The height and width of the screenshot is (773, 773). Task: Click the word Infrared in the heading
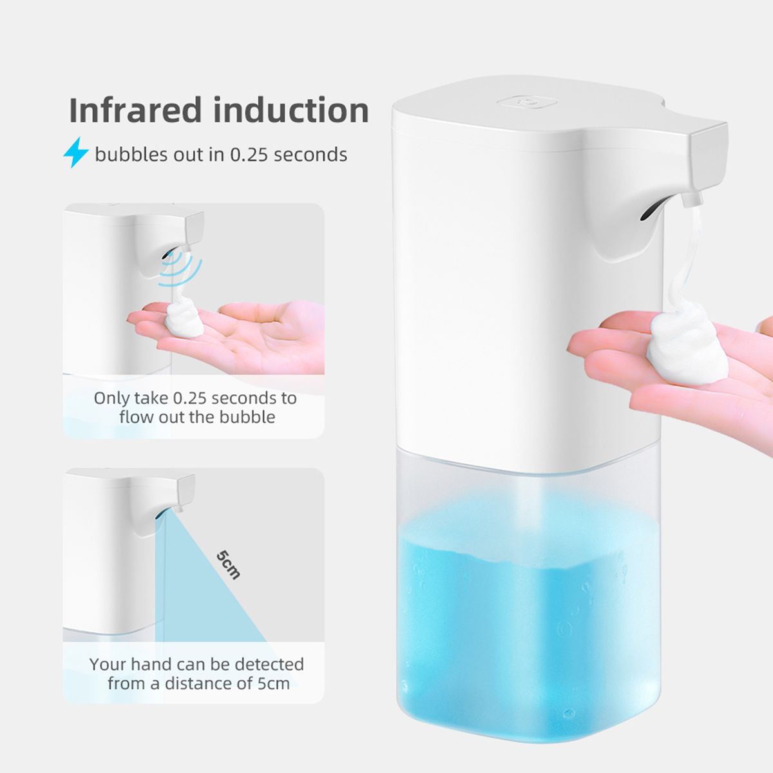click(135, 110)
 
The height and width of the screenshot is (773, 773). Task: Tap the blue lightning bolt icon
click(76, 152)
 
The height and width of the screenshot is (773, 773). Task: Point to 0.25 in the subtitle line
click(248, 155)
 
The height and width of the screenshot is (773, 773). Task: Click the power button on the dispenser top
click(527, 102)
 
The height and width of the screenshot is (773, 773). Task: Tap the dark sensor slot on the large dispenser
click(649, 212)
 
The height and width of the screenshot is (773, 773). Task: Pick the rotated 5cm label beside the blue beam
click(229, 565)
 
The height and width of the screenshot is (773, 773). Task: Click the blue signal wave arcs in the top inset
click(180, 269)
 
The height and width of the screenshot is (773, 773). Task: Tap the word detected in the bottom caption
click(269, 664)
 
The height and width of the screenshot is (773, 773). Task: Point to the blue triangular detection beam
click(209, 589)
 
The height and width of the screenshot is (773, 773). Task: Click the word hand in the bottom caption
click(151, 664)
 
